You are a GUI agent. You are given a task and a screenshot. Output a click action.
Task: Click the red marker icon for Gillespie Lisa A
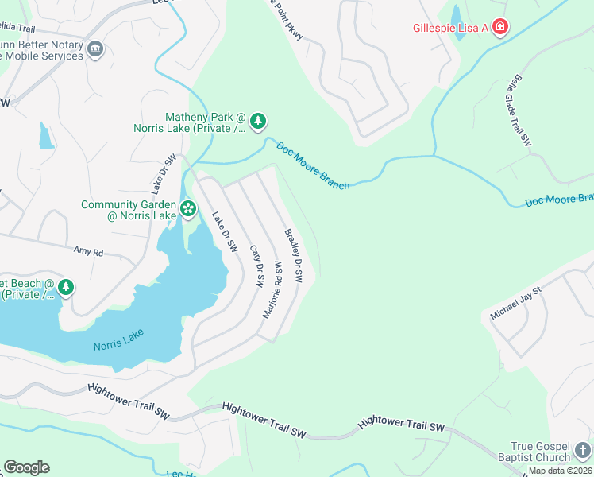[500, 28]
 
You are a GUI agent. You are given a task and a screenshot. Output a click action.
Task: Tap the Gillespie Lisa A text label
[449, 28]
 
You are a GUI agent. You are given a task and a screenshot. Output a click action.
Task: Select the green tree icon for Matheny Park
[257, 122]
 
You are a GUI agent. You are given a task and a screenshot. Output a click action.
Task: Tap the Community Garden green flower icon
[188, 210]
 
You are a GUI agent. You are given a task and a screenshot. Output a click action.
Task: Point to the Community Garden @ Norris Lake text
[129, 210]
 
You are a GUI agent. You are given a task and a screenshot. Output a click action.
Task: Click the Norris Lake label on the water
[117, 345]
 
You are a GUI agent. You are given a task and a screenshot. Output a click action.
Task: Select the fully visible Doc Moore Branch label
[313, 165]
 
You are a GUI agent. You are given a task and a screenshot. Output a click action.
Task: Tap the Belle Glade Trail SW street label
[516, 112]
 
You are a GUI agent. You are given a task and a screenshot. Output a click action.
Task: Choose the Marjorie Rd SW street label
[272, 289]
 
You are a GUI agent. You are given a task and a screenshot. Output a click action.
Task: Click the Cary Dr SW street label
[256, 265]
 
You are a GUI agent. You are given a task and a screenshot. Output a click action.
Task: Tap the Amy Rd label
[88, 252]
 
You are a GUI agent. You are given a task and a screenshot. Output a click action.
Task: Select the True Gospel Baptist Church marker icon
[584, 450]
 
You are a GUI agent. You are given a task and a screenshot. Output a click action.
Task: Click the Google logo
[26, 467]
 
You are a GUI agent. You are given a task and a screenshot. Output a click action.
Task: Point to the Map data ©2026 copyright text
[560, 471]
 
